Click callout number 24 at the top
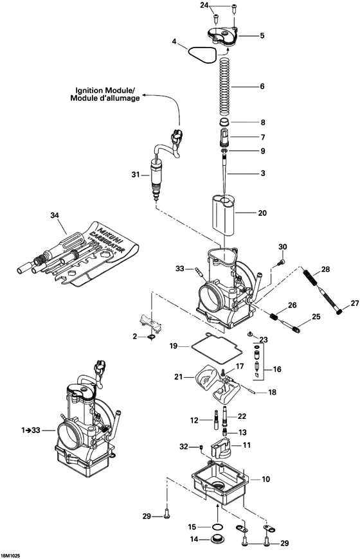tap(205, 5)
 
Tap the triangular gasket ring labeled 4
tap(199, 54)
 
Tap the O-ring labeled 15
tap(220, 527)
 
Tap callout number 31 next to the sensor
tap(135, 175)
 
